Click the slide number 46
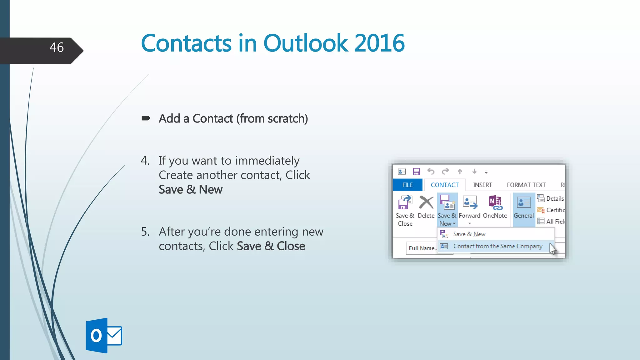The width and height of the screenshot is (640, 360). click(57, 47)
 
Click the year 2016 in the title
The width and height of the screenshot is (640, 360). click(379, 43)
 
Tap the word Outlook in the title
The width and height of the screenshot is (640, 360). click(305, 43)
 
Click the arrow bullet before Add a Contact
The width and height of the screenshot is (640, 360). click(146, 118)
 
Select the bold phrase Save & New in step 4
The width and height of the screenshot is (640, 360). click(190, 190)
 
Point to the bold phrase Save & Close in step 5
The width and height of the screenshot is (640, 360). click(271, 246)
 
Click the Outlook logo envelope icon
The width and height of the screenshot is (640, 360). click(114, 336)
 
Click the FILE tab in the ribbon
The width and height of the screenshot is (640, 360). click(407, 185)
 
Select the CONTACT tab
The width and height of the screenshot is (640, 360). click(444, 185)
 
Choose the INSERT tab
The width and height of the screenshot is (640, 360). click(482, 185)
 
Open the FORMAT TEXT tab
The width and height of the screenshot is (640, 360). click(526, 185)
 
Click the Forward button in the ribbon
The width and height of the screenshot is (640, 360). click(469, 206)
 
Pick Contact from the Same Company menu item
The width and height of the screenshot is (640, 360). click(497, 246)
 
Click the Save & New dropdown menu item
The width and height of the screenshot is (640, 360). click(469, 234)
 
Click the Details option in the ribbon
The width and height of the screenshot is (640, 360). click(552, 198)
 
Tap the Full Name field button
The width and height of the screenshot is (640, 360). click(422, 248)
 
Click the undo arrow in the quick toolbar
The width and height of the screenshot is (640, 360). click(431, 171)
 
